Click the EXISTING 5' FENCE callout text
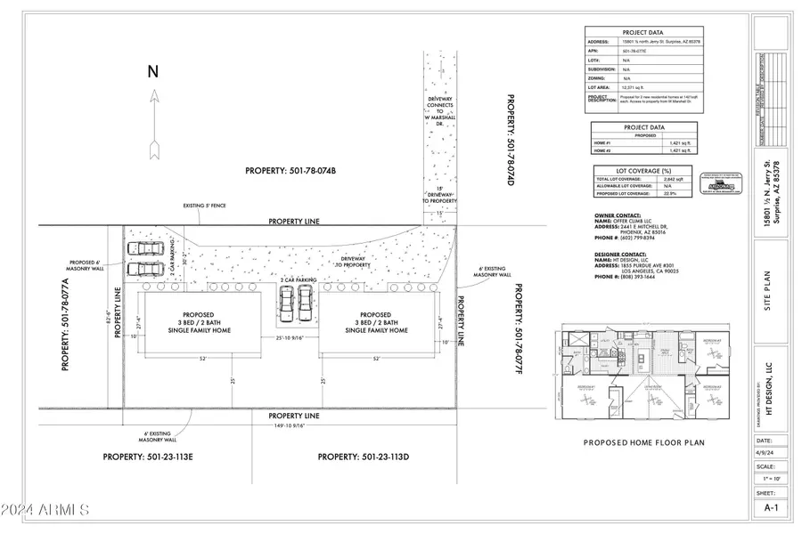coord(204,206)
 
